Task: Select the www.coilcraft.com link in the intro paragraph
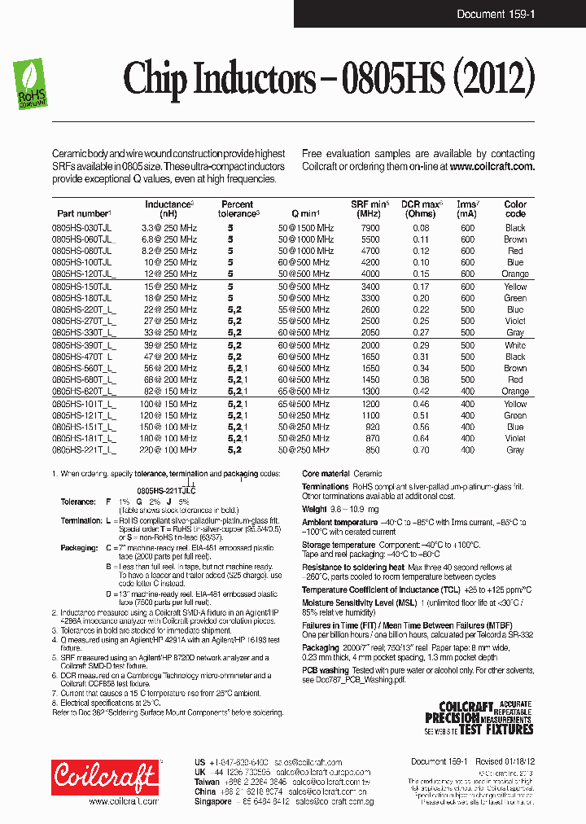(492, 166)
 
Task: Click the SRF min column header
(370, 208)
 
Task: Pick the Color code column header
(515, 208)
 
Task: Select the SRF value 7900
(370, 228)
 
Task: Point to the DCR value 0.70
(421, 449)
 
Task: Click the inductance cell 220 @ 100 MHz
(169, 449)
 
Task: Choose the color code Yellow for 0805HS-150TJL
(515, 287)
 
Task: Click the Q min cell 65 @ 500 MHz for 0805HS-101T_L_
(305, 403)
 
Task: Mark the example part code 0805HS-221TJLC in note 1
(166, 491)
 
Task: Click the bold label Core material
(326, 473)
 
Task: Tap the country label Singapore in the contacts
(213, 801)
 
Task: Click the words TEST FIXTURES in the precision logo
(496, 730)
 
